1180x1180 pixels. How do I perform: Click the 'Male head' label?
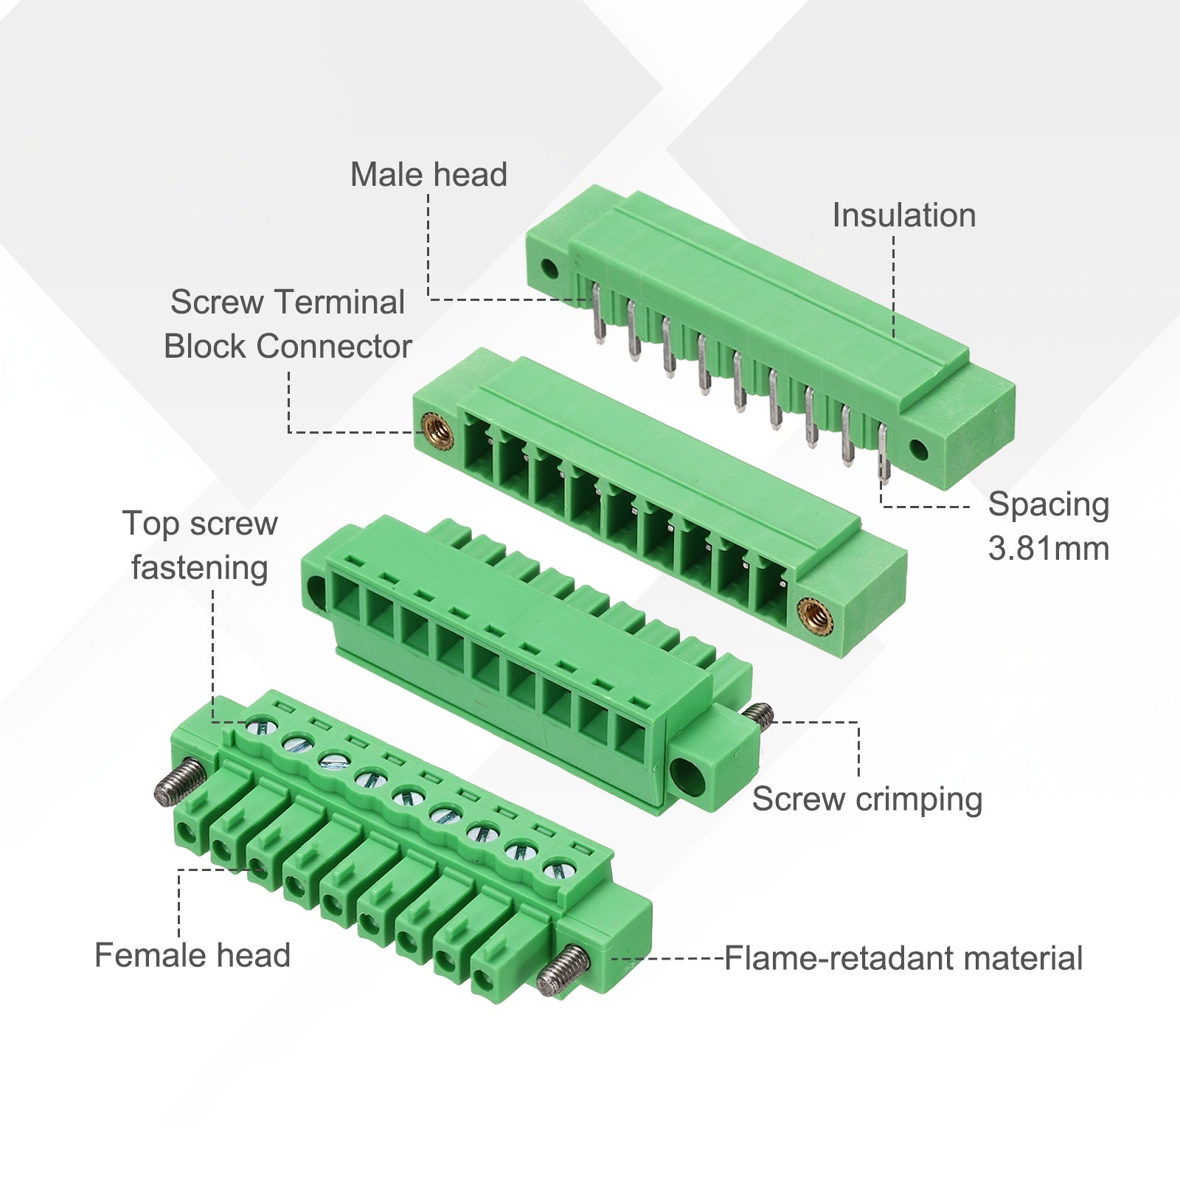[x=428, y=175]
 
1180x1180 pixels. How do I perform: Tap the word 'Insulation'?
[x=904, y=215]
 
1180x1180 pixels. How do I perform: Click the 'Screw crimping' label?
[x=867, y=799]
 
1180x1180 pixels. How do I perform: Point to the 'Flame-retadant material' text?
[x=903, y=958]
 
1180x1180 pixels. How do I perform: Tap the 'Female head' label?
[x=192, y=955]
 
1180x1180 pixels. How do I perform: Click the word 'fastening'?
[x=200, y=569]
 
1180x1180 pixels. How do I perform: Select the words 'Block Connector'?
[x=288, y=346]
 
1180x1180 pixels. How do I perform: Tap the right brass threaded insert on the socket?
[x=812, y=610]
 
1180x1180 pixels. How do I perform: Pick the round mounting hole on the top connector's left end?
[x=549, y=268]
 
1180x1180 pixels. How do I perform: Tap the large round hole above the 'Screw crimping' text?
[x=689, y=774]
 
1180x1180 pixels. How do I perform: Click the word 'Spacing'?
[x=1049, y=504]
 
